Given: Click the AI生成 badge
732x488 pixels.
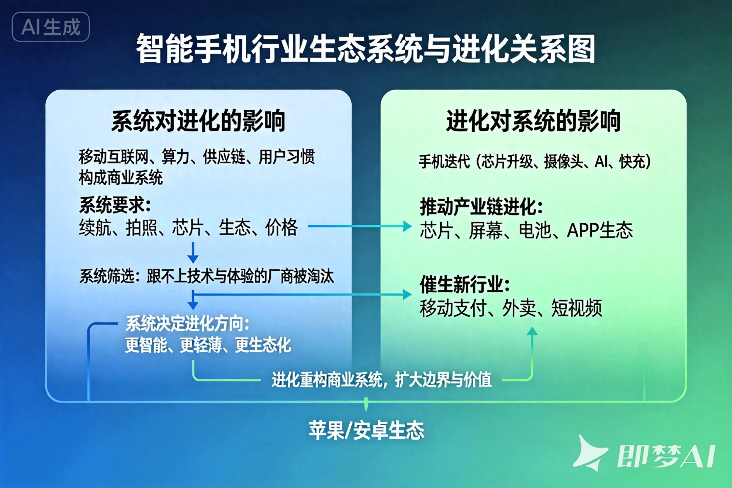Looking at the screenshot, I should [x=51, y=27].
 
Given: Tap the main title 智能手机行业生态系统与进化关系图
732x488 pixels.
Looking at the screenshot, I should [x=366, y=49].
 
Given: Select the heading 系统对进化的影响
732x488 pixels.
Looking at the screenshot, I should [x=198, y=121].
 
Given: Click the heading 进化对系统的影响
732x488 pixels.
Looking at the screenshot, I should [x=533, y=121].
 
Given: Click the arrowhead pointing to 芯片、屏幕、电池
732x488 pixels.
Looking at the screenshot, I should [x=407, y=226].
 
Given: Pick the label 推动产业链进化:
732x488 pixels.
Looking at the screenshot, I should [x=481, y=207].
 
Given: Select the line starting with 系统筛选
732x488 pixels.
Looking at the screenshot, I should [x=207, y=276].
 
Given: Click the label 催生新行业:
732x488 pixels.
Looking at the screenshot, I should [x=465, y=284].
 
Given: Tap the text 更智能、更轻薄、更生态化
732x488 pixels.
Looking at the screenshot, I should [x=208, y=345].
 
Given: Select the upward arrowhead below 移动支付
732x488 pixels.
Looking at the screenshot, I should [x=532, y=331].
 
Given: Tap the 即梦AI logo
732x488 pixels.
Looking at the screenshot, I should [x=644, y=456].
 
